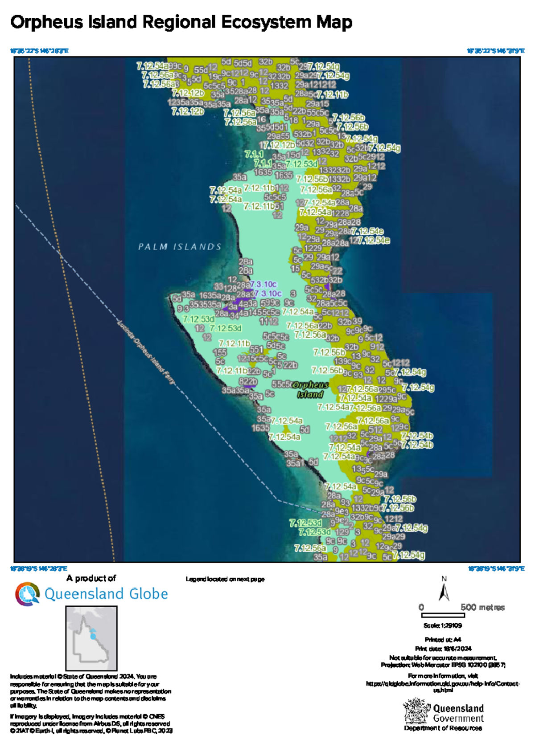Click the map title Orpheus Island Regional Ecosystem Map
(181, 22)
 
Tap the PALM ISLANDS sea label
(180, 247)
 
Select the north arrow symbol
(444, 592)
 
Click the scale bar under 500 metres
(443, 616)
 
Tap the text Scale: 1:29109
(443, 625)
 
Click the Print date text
(443, 649)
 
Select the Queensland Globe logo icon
(28, 594)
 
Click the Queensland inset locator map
(91, 638)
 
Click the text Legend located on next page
(225, 579)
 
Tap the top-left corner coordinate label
(39, 51)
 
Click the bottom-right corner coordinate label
(496, 568)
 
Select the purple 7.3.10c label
(263, 284)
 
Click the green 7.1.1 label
(254, 154)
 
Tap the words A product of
(91, 578)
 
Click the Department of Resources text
(443, 728)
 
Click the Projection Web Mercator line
(443, 665)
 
